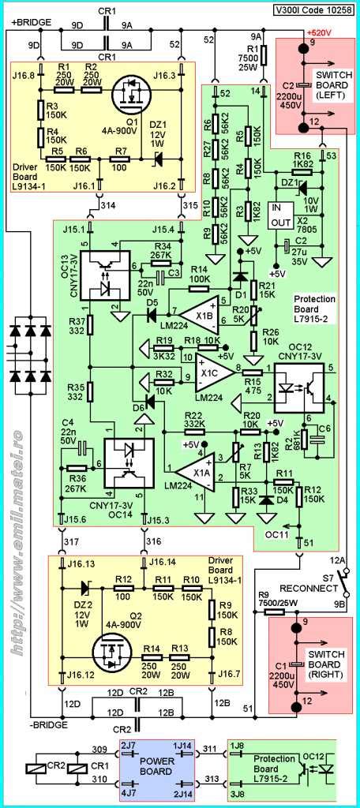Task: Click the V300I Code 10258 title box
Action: point(313,10)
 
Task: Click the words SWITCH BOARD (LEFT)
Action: point(334,82)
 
